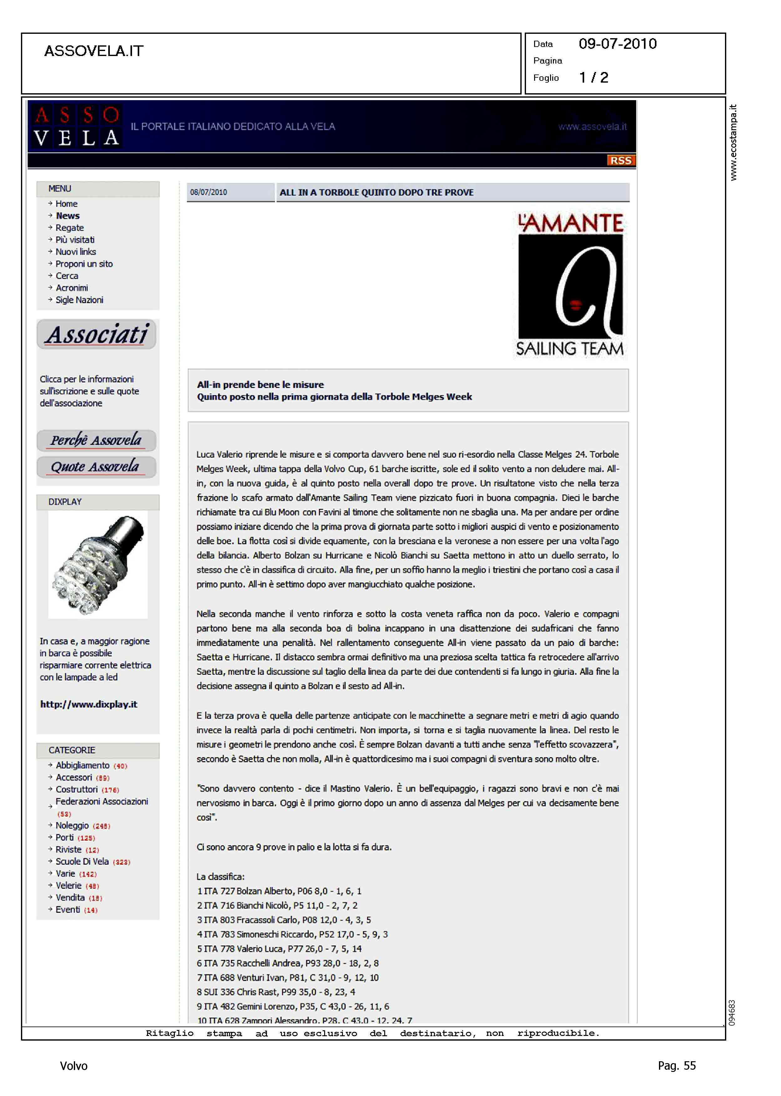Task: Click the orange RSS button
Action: (x=620, y=161)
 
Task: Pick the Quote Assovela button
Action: (x=96, y=467)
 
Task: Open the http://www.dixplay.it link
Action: (x=89, y=704)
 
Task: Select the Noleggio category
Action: (x=72, y=826)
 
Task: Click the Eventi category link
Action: (x=68, y=910)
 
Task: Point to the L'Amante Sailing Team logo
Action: (x=570, y=285)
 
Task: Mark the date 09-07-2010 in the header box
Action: (x=617, y=44)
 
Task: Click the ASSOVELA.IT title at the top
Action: (x=94, y=51)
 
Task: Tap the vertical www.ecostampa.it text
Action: (x=733, y=142)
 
